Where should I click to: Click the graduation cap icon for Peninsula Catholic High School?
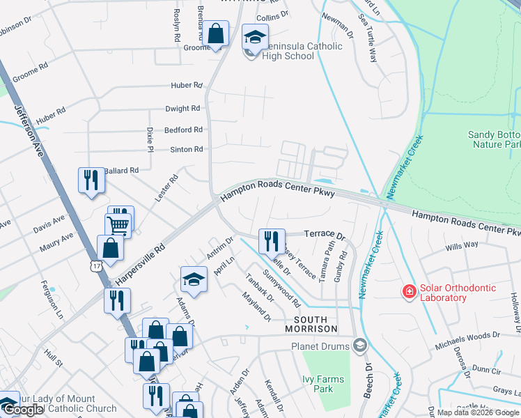[x=255, y=37]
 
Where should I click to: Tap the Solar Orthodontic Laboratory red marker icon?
[x=410, y=290]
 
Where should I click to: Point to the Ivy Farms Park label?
[x=318, y=385]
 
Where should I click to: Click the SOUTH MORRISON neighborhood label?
[x=311, y=328]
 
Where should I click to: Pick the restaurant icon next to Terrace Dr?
[x=272, y=240]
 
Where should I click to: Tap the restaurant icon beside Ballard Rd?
[x=91, y=180]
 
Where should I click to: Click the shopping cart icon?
[x=118, y=225]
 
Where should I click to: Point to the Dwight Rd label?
[x=182, y=109]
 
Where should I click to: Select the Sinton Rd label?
[x=187, y=149]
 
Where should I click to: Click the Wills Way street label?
[x=462, y=245]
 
